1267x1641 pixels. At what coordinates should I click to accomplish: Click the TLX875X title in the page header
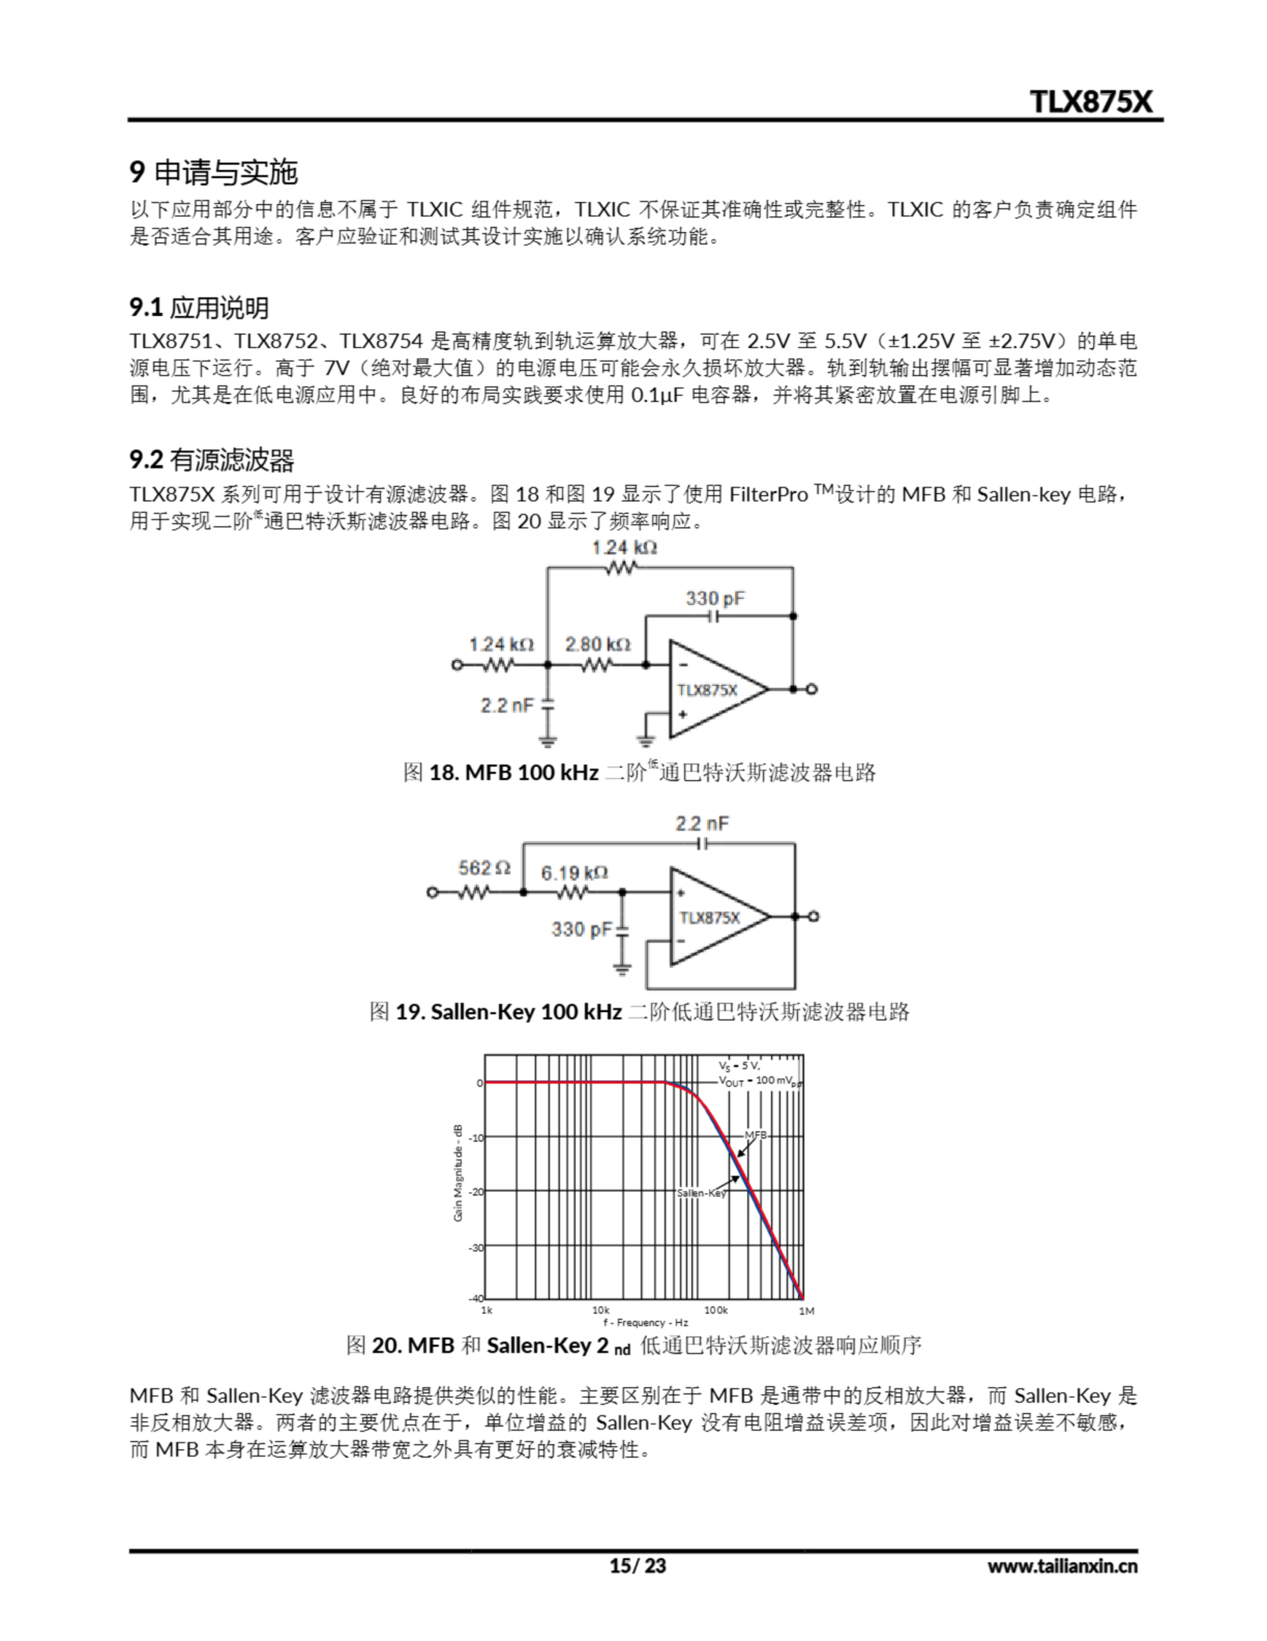coord(1090,101)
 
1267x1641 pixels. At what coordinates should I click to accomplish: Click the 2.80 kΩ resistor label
coord(597,645)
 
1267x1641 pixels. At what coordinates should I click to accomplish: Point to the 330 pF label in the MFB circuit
coord(714,599)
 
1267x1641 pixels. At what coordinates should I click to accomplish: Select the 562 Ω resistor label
coord(484,869)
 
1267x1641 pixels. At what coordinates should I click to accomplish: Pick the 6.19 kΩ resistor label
coord(574,873)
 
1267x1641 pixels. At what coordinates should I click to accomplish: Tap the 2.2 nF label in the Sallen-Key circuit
coord(701,824)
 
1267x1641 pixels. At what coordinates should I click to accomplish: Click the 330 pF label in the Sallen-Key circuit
coord(582,929)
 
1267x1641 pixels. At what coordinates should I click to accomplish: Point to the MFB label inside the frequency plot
coord(756,1135)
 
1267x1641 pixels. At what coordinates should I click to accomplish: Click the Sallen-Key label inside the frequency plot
coord(701,1193)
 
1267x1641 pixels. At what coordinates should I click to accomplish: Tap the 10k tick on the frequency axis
coord(600,1310)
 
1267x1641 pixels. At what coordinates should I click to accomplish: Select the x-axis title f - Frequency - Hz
coord(645,1322)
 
